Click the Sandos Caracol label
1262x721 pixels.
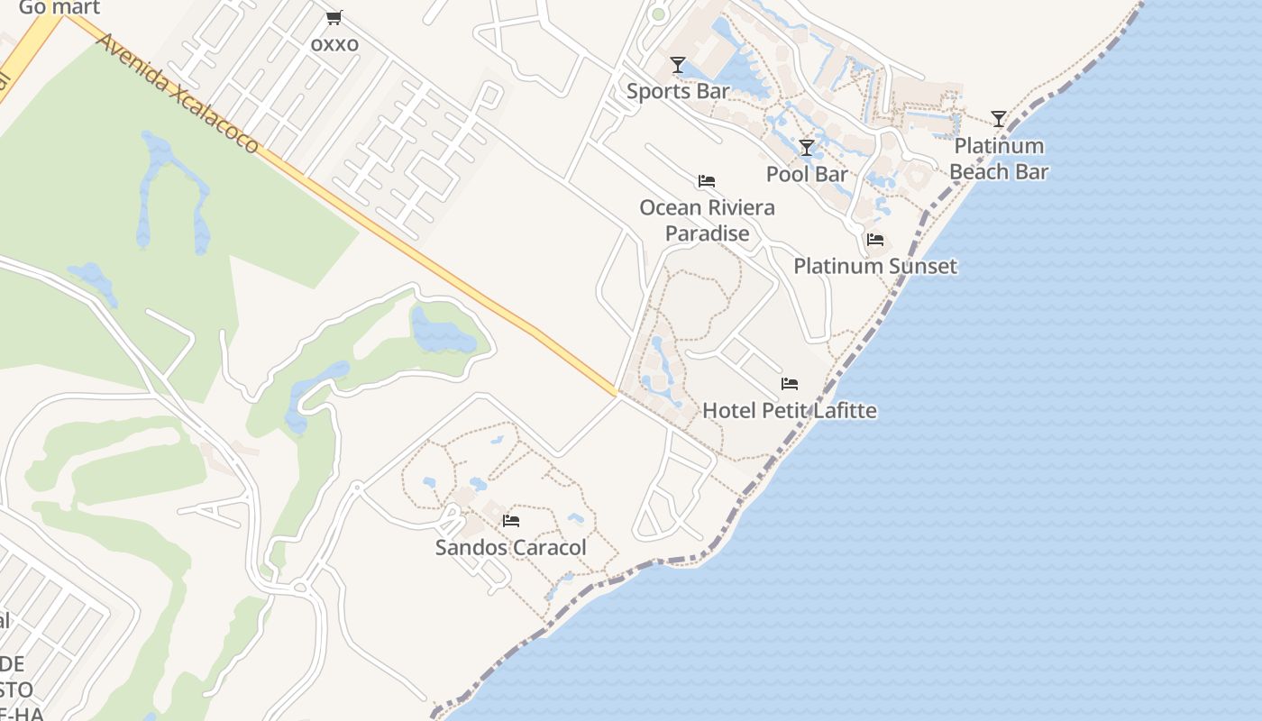(510, 547)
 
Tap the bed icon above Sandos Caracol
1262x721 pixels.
(511, 521)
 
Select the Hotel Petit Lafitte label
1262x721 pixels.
(789, 411)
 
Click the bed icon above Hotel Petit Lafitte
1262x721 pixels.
(790, 384)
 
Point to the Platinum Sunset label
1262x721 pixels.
(874, 266)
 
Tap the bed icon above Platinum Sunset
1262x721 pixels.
(874, 240)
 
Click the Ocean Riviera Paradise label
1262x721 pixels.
(707, 221)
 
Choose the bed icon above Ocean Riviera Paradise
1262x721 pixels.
(707, 181)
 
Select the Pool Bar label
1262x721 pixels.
(807, 174)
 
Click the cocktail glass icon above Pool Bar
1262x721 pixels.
(807, 148)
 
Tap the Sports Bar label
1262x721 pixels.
(678, 91)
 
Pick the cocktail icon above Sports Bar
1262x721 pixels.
(678, 65)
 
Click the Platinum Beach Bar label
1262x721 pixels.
(999, 159)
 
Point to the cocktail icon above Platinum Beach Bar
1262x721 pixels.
(999, 119)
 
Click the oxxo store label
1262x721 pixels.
(334, 44)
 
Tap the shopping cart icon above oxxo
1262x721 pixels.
(334, 17)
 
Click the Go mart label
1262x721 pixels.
(59, 8)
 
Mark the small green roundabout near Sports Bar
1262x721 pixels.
(658, 14)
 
